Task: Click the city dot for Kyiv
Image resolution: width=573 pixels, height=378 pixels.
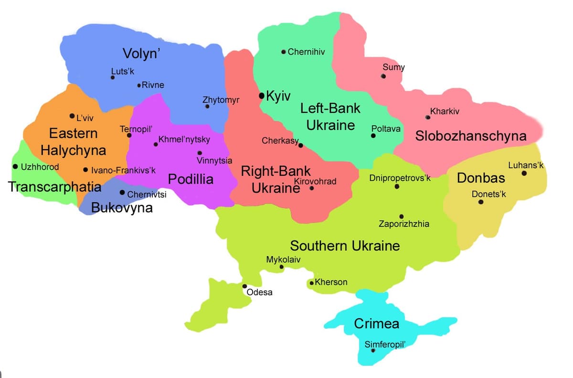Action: point(261,96)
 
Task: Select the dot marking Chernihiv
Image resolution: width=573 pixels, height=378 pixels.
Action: point(284,52)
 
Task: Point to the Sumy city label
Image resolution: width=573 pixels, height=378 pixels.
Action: point(393,67)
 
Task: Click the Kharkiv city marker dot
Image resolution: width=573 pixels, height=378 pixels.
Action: point(428,117)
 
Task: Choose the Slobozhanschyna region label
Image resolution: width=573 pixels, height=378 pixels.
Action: point(470,136)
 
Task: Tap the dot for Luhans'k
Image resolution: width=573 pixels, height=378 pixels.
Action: point(524,173)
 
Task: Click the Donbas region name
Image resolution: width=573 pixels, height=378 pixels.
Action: point(481,178)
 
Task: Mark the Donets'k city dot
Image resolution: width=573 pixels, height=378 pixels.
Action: point(481,202)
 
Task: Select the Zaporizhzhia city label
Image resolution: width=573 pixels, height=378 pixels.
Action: point(404,224)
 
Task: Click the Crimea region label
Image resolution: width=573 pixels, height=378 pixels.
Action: point(376,324)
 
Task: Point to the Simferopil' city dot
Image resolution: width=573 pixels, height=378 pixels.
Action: point(373,350)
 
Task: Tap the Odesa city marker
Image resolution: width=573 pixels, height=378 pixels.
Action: point(245,286)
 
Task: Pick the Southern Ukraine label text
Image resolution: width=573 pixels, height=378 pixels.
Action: point(345,246)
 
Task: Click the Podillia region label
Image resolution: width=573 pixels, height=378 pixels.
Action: point(191,180)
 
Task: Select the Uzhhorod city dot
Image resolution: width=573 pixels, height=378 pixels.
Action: point(15,167)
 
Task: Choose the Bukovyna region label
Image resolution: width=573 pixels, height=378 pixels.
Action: point(122,208)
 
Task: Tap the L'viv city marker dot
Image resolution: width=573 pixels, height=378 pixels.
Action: point(72,116)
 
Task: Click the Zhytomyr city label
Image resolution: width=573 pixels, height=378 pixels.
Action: point(221,100)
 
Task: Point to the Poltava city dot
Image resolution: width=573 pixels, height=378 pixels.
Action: point(373,136)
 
